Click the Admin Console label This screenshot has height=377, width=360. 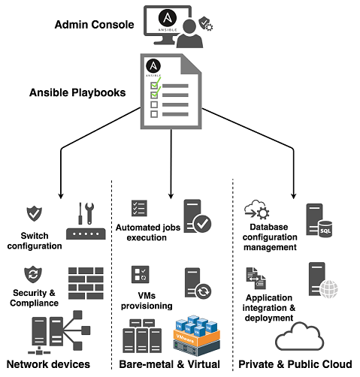(x=95, y=25)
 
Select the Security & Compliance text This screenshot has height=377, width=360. (x=35, y=297)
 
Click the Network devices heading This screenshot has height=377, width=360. (x=48, y=364)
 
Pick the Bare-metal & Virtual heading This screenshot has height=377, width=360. (x=172, y=364)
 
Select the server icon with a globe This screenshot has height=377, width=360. (x=318, y=280)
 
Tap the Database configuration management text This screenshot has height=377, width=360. (x=267, y=237)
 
